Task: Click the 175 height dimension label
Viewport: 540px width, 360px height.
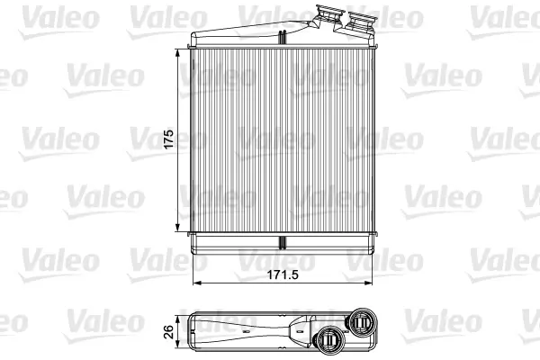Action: pos(168,139)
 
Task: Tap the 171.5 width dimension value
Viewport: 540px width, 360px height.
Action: pos(283,274)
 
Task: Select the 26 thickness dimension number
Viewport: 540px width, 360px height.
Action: pos(169,332)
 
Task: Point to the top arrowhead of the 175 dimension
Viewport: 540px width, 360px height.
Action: pos(177,53)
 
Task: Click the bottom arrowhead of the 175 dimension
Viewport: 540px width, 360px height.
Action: pos(177,228)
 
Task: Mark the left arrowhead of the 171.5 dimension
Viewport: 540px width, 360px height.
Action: pos(196,283)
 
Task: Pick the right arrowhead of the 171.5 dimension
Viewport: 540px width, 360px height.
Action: pos(368,283)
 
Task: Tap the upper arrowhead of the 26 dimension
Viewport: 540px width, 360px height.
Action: pos(177,319)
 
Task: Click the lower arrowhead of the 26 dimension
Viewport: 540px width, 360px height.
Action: pos(177,344)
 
